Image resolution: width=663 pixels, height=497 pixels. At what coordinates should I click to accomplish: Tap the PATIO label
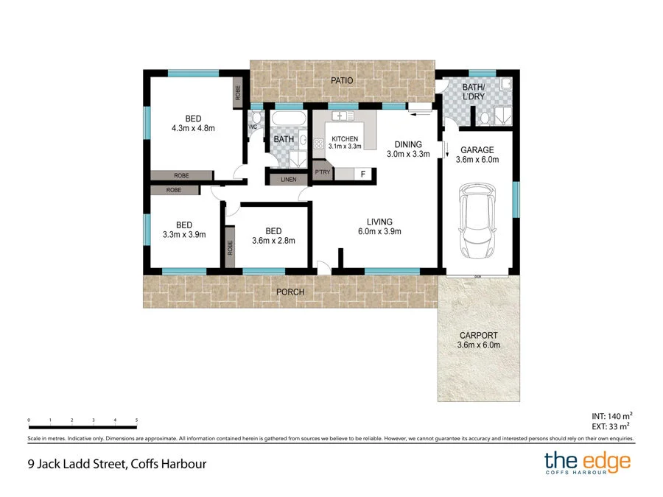(x=342, y=80)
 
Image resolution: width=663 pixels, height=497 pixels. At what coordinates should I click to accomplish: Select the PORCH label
(x=290, y=292)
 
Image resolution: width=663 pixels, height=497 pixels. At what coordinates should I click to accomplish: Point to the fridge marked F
(x=362, y=174)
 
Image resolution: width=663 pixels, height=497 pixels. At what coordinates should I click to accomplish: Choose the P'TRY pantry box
(x=322, y=172)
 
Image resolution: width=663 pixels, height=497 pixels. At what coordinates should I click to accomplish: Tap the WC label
(x=252, y=127)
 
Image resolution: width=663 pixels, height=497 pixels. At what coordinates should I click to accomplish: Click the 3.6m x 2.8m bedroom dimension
(x=273, y=240)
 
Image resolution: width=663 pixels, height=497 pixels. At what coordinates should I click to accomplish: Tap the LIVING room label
(x=380, y=222)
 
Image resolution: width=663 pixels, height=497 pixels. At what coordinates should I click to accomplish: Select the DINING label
(x=407, y=144)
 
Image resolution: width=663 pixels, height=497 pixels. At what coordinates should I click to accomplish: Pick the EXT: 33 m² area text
(x=612, y=426)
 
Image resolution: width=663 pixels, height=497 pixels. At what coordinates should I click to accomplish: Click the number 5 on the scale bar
(x=137, y=420)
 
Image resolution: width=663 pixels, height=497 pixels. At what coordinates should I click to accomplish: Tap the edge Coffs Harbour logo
(x=587, y=464)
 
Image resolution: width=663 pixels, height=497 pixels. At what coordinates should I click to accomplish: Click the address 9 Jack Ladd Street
(x=113, y=464)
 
